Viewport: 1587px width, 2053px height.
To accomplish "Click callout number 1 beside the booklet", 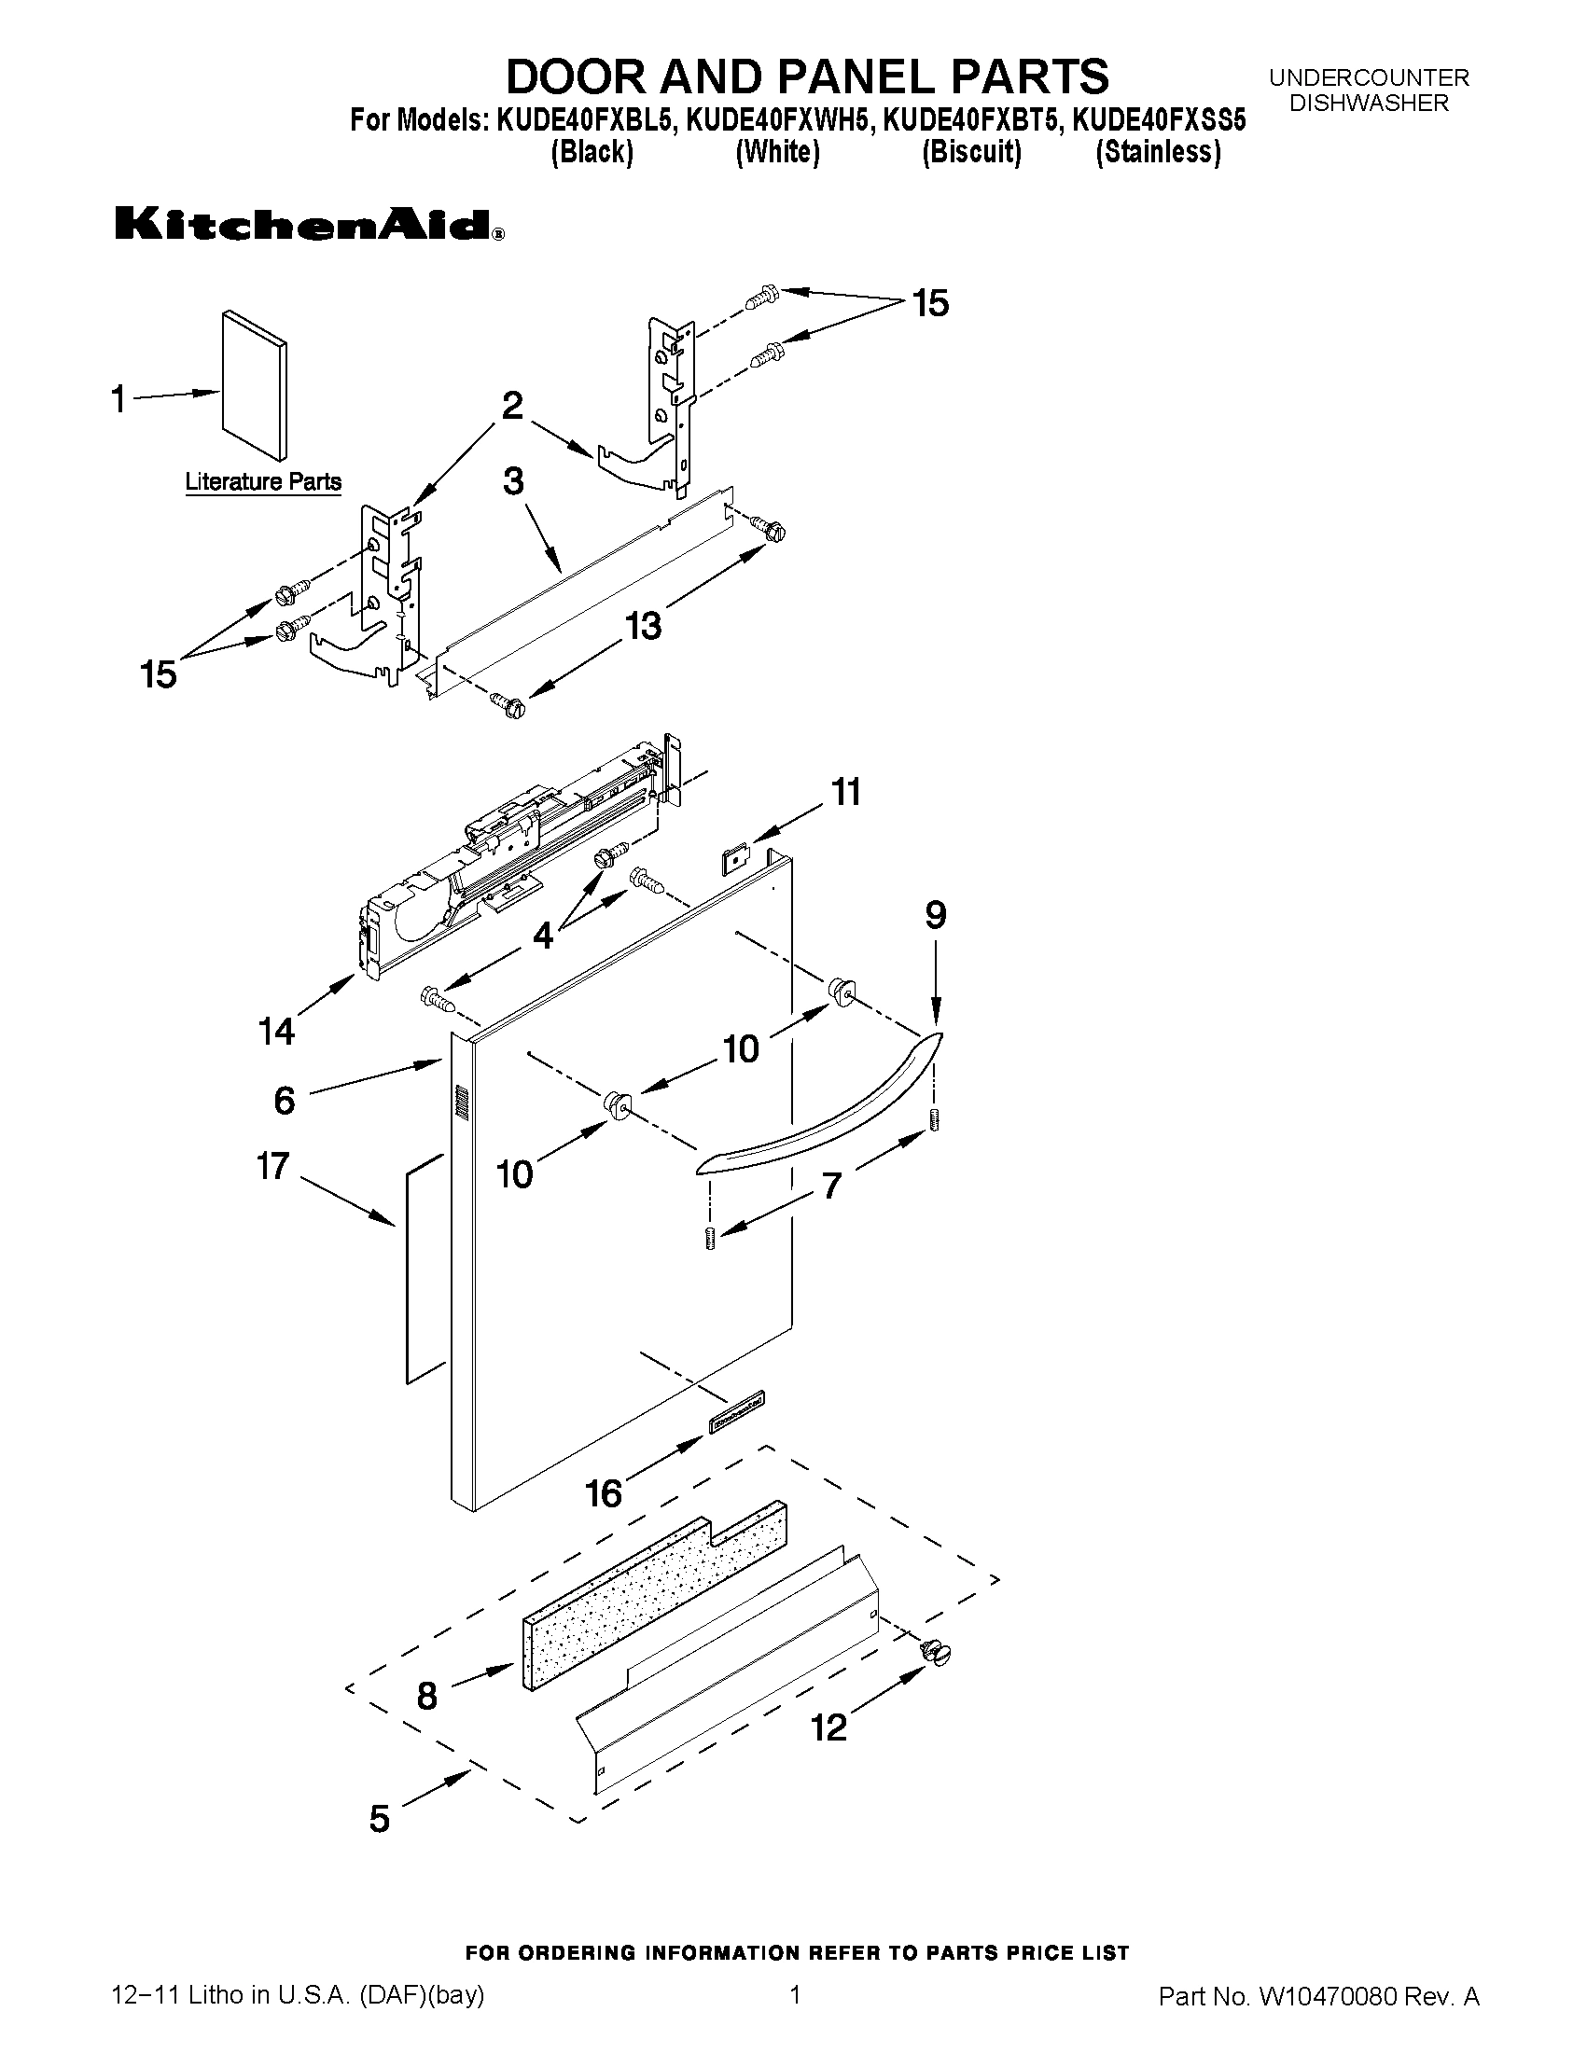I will click(118, 398).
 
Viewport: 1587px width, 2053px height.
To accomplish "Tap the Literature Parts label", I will click(263, 482).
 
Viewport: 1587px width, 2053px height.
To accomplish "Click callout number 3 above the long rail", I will click(513, 481).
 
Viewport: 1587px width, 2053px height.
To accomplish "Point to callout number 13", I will click(644, 625).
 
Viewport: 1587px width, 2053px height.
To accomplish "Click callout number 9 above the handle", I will click(935, 916).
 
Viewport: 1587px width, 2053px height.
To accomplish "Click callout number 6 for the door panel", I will click(285, 1099).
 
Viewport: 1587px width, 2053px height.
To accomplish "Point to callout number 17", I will click(272, 1167).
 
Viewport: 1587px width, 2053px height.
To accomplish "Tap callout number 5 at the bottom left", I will click(378, 1819).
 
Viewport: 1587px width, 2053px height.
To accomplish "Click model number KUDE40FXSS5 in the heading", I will click(1158, 120).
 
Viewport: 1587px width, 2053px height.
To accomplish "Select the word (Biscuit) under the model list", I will click(971, 151).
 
